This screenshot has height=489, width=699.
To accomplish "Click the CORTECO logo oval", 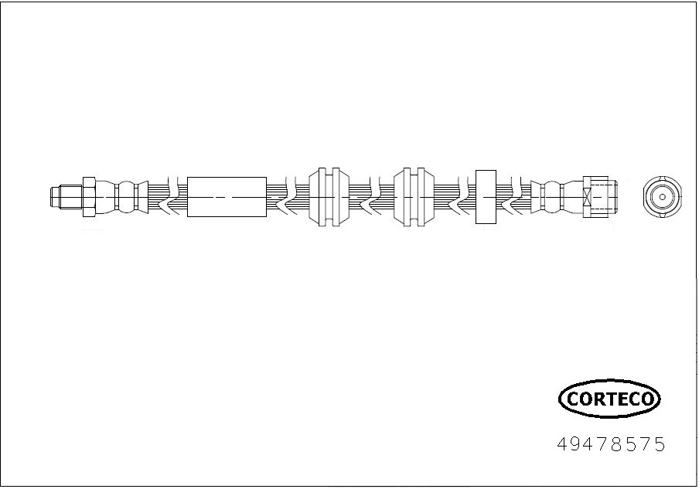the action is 609,398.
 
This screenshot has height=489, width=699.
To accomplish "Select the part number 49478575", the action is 611,444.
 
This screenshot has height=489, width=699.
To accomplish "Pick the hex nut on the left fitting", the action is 89,197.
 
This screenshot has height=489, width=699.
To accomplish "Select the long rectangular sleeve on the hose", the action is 227,197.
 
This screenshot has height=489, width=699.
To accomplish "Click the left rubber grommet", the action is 329,197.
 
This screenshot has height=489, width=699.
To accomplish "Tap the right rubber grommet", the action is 414,197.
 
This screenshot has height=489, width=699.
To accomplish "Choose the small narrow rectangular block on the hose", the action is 486,197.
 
